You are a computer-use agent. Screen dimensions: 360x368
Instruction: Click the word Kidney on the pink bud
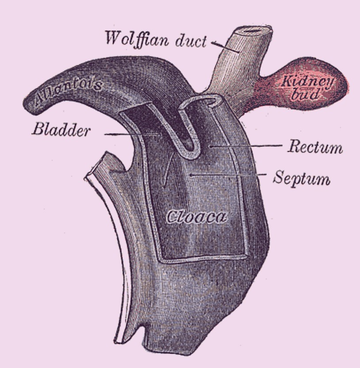click(x=307, y=82)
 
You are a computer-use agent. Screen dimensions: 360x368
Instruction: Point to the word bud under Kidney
click(x=305, y=94)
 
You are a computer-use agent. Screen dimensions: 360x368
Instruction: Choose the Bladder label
click(x=61, y=130)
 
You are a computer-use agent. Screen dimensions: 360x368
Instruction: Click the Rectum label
click(x=315, y=147)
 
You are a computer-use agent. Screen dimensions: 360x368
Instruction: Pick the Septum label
click(x=302, y=178)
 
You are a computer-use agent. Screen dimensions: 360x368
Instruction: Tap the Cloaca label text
click(x=196, y=217)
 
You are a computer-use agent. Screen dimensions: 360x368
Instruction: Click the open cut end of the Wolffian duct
click(x=253, y=30)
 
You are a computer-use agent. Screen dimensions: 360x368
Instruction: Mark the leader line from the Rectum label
click(x=246, y=146)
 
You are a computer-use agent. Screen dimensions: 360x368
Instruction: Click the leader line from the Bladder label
click(x=132, y=134)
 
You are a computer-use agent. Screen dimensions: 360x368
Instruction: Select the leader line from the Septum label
click(x=229, y=175)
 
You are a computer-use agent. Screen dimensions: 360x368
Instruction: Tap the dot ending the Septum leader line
click(x=191, y=175)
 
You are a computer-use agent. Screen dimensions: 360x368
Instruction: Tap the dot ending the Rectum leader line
click(x=211, y=146)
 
